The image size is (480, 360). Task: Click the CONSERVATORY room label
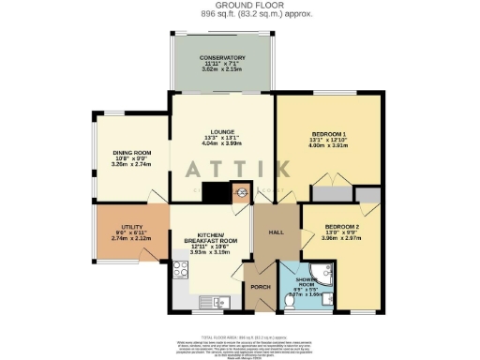pyautogui.click(x=221, y=57)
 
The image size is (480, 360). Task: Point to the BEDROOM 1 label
pyautogui.click(x=329, y=134)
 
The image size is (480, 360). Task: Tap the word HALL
pyautogui.click(x=276, y=232)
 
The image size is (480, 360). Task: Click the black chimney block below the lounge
pyautogui.click(x=217, y=194)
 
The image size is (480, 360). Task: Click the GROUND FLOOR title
pyautogui.click(x=232, y=5)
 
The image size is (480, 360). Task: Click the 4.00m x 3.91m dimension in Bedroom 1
pyautogui.click(x=329, y=147)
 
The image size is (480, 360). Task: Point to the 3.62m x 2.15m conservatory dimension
pyautogui.click(x=221, y=70)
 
